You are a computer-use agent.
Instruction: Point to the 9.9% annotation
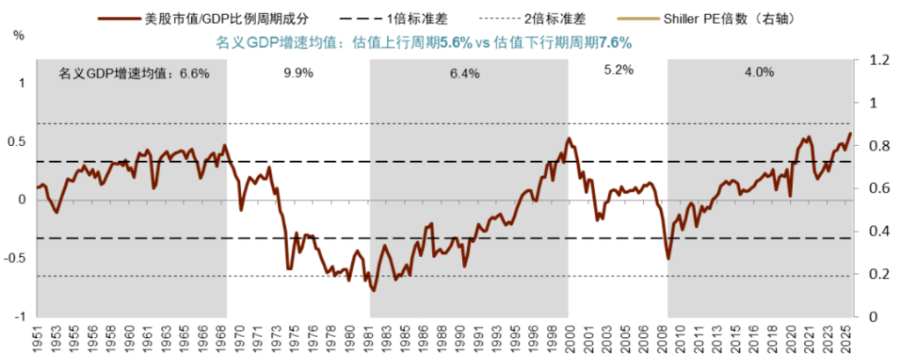pos(298,73)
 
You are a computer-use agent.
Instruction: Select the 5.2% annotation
pos(619,71)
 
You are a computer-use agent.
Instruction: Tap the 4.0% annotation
pos(759,73)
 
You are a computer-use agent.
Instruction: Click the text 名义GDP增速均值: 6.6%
pos(134,74)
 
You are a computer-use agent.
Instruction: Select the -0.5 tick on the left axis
pos(17,258)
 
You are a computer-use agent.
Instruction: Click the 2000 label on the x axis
pos(570,338)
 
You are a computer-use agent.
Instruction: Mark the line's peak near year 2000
pos(568,138)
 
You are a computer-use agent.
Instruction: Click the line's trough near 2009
pos(668,258)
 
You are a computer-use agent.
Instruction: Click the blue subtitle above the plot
pos(424,41)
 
